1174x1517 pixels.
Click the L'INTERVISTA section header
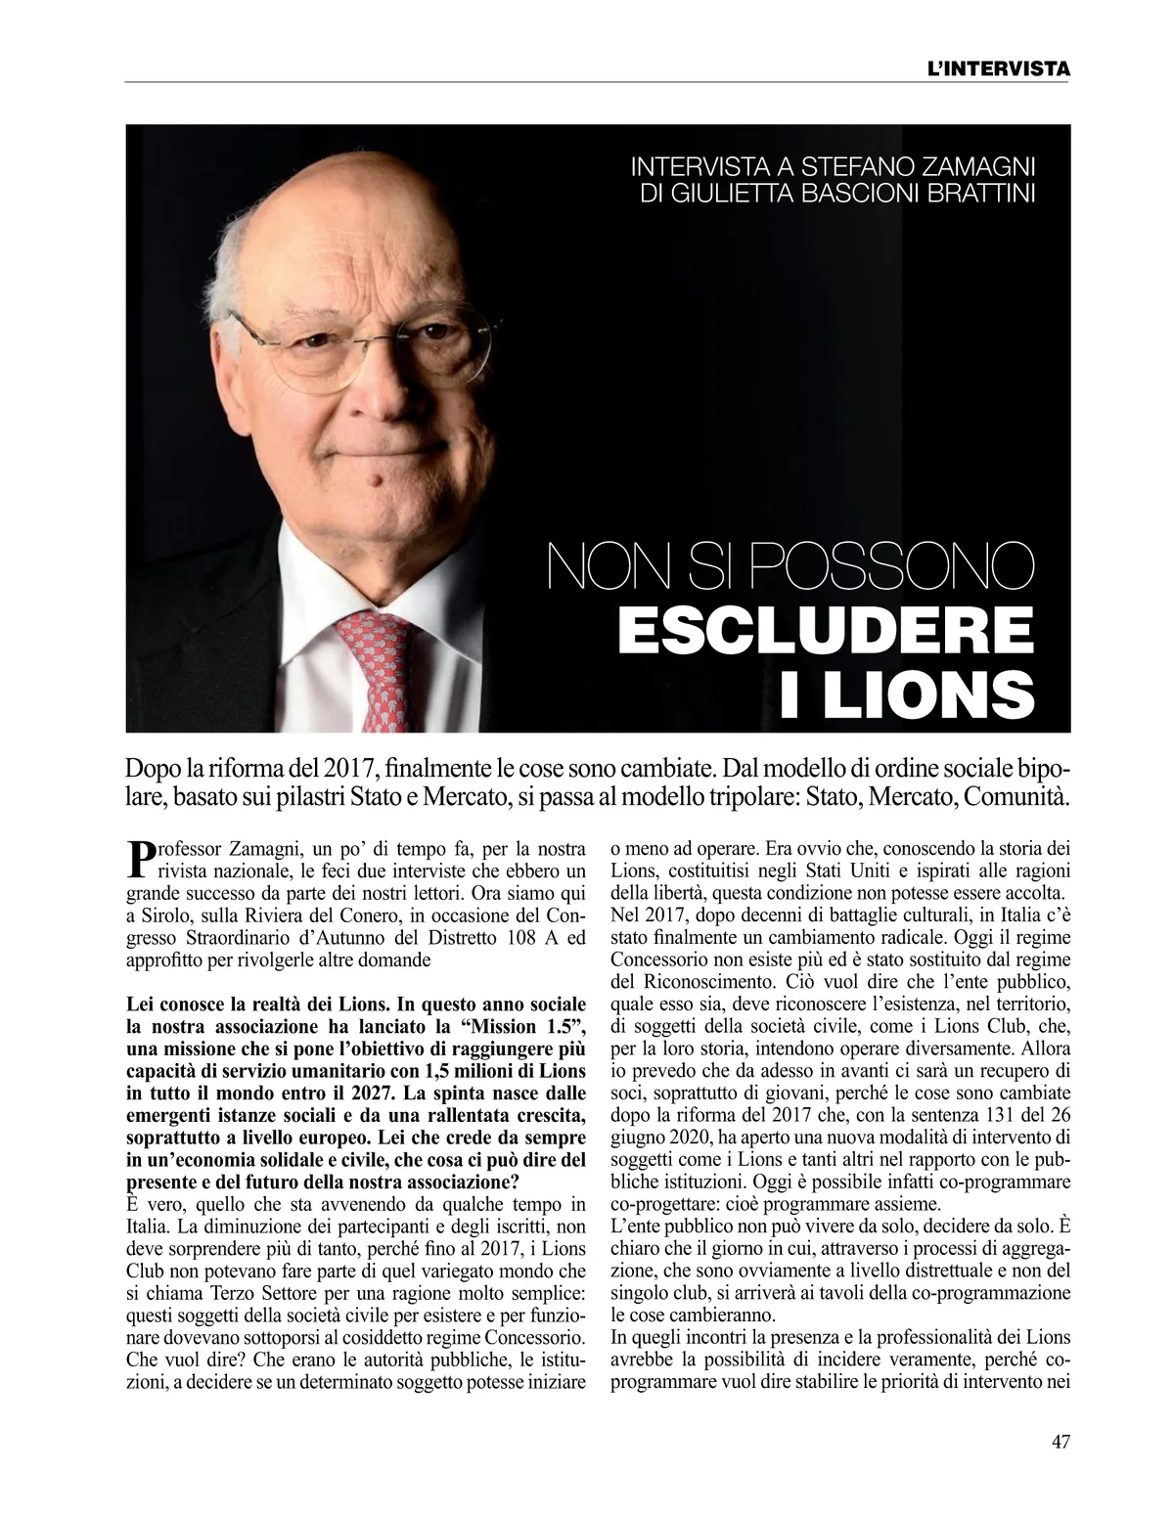tap(997, 69)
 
